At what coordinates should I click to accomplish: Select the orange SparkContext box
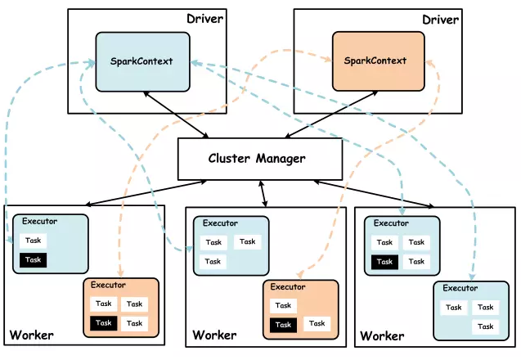375,61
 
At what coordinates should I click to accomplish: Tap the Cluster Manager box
260,159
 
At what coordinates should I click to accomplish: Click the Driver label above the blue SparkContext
204,19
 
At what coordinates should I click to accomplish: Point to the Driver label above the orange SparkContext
438,19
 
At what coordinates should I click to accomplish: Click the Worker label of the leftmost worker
32,335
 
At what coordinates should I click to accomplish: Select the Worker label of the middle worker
214,335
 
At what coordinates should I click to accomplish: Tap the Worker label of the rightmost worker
382,335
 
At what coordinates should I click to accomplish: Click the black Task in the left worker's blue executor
34,260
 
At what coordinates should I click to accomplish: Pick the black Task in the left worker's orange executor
103,323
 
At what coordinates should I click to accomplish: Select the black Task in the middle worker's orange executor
283,325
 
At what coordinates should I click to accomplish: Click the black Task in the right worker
385,262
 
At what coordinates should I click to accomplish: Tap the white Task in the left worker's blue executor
34,241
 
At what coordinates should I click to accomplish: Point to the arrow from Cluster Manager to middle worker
264,193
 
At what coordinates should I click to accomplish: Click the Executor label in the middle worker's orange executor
288,287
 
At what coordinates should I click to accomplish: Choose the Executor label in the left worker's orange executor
109,285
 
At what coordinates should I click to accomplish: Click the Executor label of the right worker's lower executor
460,288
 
